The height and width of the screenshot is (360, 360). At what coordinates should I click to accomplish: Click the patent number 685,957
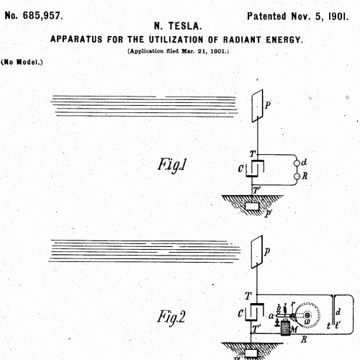[42, 16]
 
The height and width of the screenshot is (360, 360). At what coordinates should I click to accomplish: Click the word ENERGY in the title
[284, 40]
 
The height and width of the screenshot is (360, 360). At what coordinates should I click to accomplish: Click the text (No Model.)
[22, 62]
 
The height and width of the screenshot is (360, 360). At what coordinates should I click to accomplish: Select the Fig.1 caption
[172, 165]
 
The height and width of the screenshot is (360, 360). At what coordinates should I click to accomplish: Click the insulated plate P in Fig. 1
[257, 106]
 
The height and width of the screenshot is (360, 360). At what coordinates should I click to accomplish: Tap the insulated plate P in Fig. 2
[257, 252]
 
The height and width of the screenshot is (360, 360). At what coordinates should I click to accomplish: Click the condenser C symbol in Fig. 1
[255, 168]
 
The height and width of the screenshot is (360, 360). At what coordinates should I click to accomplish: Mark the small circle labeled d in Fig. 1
[297, 163]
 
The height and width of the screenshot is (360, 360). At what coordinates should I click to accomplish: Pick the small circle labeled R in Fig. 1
[297, 176]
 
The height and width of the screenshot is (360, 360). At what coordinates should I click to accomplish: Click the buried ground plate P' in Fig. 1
[252, 206]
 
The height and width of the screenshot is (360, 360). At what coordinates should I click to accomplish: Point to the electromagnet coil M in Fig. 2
[286, 327]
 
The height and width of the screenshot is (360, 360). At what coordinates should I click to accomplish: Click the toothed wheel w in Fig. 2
[307, 315]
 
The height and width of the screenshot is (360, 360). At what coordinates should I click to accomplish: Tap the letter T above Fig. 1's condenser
[253, 153]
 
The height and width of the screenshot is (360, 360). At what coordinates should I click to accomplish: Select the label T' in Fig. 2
[256, 328]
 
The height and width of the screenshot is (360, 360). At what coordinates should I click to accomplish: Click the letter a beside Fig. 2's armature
[271, 316]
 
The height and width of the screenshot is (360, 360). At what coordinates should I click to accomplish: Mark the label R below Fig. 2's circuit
[304, 339]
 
